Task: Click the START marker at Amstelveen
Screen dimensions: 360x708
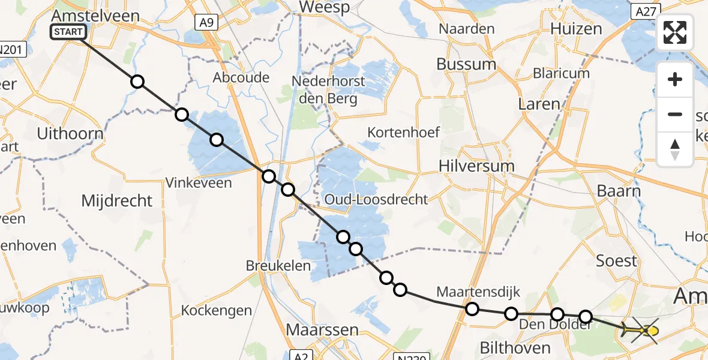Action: (x=70, y=32)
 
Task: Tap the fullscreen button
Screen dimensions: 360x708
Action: (x=675, y=32)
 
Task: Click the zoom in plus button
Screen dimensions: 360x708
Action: (x=675, y=79)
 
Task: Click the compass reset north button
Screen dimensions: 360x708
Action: (x=675, y=149)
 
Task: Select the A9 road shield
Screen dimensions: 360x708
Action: (x=206, y=23)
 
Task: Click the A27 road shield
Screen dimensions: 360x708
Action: (x=646, y=10)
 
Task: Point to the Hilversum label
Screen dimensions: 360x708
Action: (x=476, y=166)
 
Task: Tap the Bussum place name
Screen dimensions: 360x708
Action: (x=466, y=64)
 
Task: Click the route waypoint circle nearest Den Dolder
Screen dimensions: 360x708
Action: (x=557, y=314)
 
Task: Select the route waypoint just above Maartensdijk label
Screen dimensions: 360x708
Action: (x=472, y=309)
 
